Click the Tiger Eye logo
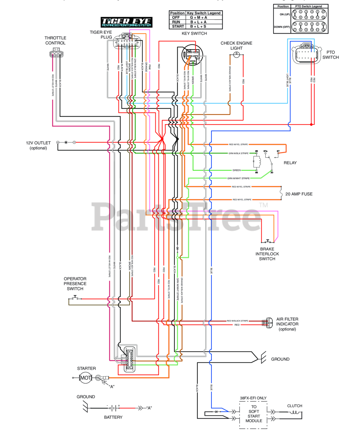pyautogui.click(x=127, y=22)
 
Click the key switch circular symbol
pyautogui.click(x=192, y=55)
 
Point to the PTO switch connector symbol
pyautogui.click(x=306, y=53)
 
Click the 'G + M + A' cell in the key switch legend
pyautogui.click(x=198, y=18)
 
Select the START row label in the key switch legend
pyautogui.click(x=178, y=26)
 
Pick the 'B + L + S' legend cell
pyautogui.click(x=198, y=26)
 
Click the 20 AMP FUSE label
pyautogui.click(x=299, y=194)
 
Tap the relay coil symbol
pyautogui.click(x=257, y=162)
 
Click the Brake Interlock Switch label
pyautogui.click(x=267, y=254)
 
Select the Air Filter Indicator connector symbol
pyautogui.click(x=268, y=323)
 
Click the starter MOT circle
pyautogui.click(x=86, y=378)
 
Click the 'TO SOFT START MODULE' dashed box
pyautogui.click(x=253, y=414)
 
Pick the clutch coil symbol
pyautogui.click(x=295, y=412)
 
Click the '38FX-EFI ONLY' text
pyautogui.click(x=253, y=398)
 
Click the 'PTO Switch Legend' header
pyautogui.click(x=308, y=6)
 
